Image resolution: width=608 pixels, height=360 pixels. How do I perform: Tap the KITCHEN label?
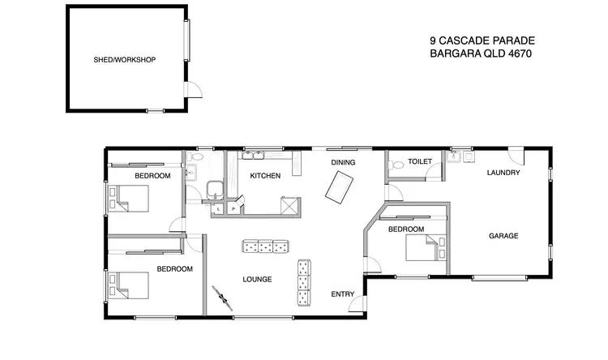coord(265,176)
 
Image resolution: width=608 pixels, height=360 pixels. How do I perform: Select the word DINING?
coord(344,163)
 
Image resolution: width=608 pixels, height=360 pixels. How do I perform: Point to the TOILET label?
coord(420,162)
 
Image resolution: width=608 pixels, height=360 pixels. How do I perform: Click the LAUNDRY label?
coord(503,173)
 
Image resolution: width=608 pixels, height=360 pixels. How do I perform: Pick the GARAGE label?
coord(503,236)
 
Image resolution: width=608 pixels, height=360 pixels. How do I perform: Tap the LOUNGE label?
coord(257,280)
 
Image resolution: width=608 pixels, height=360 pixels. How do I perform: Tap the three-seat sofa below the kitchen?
coord(265,245)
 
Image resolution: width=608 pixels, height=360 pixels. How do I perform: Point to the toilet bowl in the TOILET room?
coord(396,165)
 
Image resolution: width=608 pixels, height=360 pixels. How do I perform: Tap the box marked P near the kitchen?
coord(233,208)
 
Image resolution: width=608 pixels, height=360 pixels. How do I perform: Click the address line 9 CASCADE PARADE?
coord(482,40)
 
